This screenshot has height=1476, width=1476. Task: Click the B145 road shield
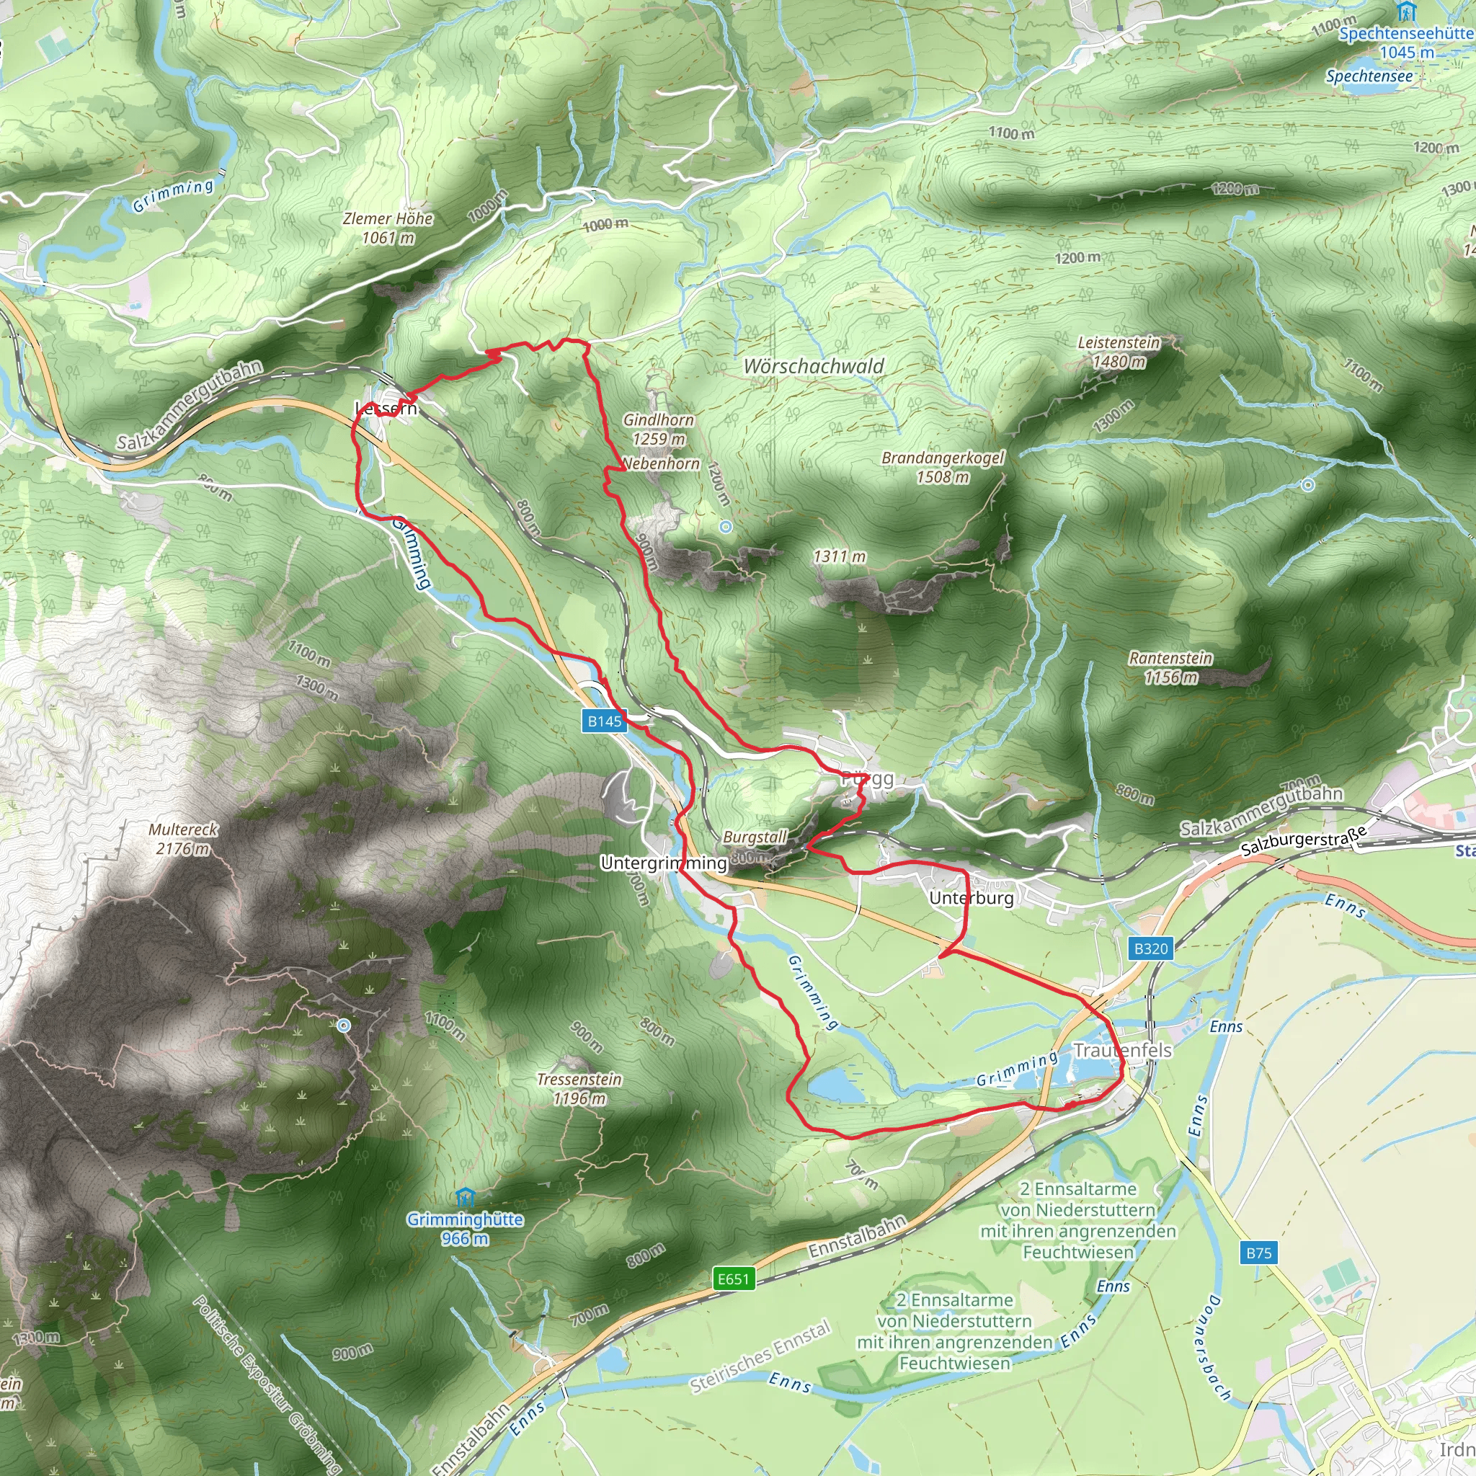tap(604, 721)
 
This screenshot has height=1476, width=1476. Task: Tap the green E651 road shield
tap(734, 1278)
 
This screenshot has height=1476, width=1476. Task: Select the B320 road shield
tap(1150, 948)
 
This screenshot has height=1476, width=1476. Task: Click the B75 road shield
tap(1258, 1252)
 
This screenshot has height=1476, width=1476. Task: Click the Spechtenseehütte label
tap(1405, 34)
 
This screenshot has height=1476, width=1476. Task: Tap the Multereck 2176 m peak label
tap(183, 838)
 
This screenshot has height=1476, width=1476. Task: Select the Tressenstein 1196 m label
tap(579, 1088)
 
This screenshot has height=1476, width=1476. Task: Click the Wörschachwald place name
tap(814, 366)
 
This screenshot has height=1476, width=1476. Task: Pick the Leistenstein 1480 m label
tap(1119, 352)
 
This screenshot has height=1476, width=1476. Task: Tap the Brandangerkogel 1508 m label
tap(943, 467)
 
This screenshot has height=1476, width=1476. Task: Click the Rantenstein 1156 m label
tap(1170, 667)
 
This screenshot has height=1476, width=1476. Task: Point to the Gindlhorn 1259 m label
tap(659, 429)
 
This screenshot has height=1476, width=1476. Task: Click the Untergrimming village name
tap(663, 863)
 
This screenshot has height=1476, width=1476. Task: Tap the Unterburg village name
tap(971, 898)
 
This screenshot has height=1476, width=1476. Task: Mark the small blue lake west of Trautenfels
tap(837, 1084)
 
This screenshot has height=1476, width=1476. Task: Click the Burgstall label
tap(754, 837)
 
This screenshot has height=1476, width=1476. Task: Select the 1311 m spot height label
tap(840, 556)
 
